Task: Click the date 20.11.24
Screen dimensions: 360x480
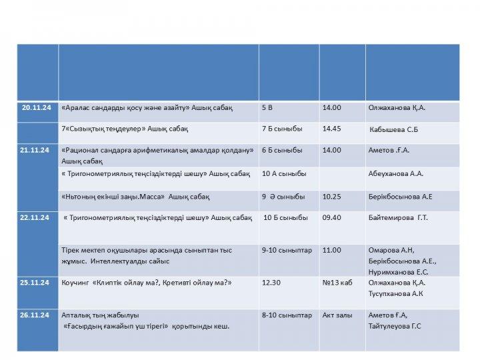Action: pos(35,107)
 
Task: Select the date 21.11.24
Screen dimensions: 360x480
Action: pos(35,150)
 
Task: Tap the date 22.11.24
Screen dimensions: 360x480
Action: pos(35,217)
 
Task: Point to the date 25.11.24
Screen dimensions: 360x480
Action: pos(35,283)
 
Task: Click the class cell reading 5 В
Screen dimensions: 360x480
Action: pos(267,107)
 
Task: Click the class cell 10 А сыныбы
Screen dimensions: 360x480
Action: pos(284,174)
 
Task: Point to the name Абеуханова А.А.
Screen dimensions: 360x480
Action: pos(396,174)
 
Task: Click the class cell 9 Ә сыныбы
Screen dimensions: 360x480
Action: pos(283,197)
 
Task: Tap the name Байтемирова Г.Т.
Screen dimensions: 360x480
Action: pos(398,217)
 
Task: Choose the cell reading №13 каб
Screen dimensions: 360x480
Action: pos(337,283)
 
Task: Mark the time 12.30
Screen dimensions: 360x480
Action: pos(271,283)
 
